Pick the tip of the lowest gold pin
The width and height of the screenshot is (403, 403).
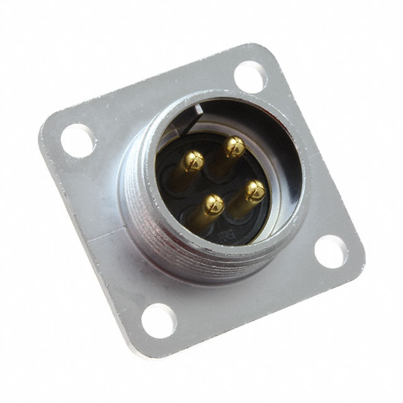(213, 203)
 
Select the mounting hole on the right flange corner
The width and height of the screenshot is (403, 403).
(331, 251)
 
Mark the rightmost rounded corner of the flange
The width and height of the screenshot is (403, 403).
(359, 255)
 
